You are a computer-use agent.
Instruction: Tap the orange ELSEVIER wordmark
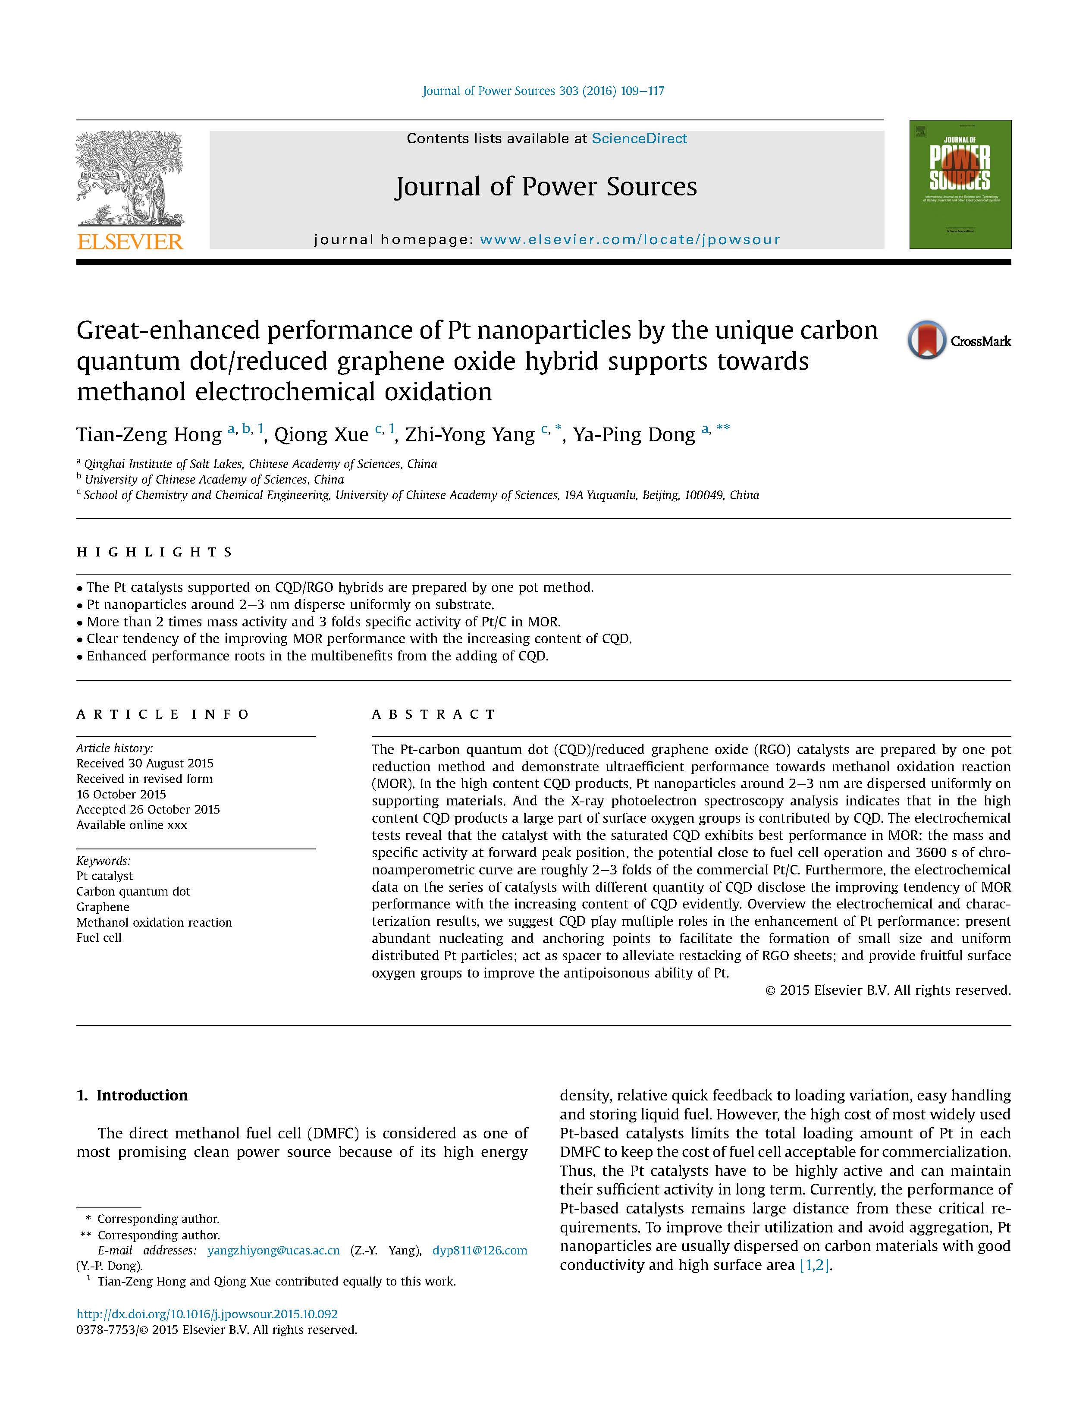tap(130, 242)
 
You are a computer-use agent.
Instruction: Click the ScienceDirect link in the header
tap(639, 139)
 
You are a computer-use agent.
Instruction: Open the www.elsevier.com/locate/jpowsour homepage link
tap(630, 240)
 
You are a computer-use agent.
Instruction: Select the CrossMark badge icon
tap(926, 340)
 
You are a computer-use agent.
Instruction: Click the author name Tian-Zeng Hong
tap(149, 435)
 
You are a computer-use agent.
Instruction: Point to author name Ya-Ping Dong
tap(634, 435)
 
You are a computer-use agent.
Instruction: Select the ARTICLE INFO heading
tap(163, 714)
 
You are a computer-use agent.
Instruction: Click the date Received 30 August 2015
tap(144, 763)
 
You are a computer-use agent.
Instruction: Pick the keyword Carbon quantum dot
tap(133, 892)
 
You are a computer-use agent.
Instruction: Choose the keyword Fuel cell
tap(99, 938)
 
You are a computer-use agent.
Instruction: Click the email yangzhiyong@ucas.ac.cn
tap(273, 1250)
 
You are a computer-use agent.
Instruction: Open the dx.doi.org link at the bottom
tap(207, 1314)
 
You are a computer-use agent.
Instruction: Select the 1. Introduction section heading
tap(132, 1095)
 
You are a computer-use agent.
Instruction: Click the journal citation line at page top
tap(543, 91)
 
